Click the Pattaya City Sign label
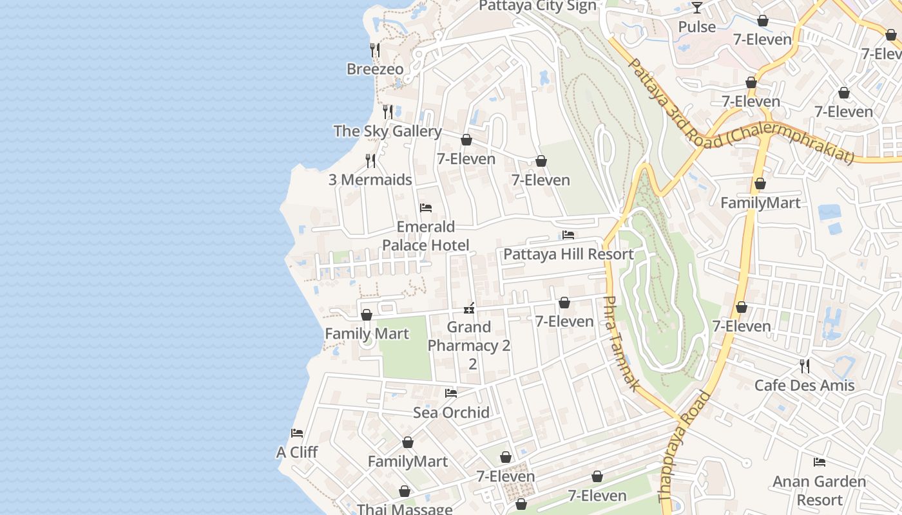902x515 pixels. tap(537, 6)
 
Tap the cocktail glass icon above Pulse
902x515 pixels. tap(696, 8)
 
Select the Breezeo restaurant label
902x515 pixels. tap(375, 69)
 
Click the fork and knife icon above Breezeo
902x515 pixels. tap(374, 50)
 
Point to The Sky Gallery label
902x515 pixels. tap(387, 131)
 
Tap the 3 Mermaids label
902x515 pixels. tap(370, 180)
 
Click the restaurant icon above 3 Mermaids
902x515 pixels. tap(370, 160)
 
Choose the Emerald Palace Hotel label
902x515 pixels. tap(425, 236)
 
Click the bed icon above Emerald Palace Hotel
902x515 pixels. tap(425, 208)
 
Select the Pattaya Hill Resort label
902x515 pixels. tap(568, 254)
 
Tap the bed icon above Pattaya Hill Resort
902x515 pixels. tap(568, 235)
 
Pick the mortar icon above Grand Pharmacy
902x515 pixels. tap(469, 309)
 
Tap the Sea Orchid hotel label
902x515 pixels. tap(451, 412)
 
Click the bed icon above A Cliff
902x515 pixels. tap(297, 433)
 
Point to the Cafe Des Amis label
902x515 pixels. tap(804, 386)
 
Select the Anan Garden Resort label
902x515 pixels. tap(819, 491)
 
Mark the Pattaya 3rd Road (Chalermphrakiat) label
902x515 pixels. tap(741, 111)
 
